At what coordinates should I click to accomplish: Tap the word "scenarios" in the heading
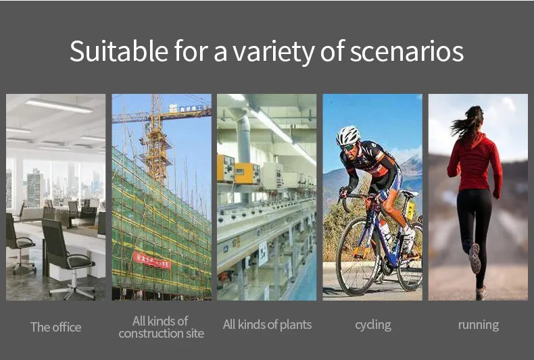click(407, 52)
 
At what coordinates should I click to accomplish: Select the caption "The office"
click(56, 327)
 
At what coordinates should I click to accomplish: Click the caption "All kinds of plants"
click(268, 325)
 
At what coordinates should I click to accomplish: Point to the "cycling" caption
click(373, 326)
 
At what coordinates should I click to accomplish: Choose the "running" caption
click(479, 326)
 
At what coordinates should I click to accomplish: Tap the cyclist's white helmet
click(347, 135)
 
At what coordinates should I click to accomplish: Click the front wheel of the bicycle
click(358, 256)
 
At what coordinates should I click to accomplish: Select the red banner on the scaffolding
click(152, 260)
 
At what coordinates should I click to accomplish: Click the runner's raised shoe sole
click(475, 258)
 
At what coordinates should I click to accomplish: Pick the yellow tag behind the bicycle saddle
click(411, 210)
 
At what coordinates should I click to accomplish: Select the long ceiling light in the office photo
click(59, 105)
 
